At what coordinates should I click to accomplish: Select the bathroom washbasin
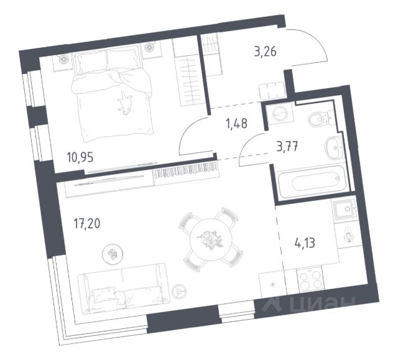(333, 149)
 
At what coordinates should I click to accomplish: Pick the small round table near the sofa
(113, 252)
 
